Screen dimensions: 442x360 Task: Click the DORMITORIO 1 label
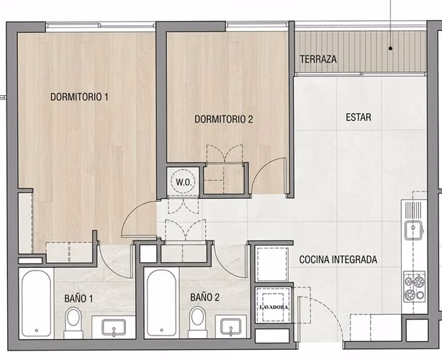pos(79,97)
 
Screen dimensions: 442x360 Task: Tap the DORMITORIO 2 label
pos(224,119)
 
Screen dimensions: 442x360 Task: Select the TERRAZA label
pos(318,59)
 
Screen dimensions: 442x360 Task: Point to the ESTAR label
pos(358,117)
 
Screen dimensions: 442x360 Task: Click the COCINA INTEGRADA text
pos(338,259)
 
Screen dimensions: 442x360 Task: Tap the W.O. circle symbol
pos(183,181)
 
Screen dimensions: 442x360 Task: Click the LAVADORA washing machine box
pos(273,305)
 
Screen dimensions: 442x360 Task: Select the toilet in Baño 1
pos(73,323)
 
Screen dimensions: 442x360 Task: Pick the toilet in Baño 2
pos(197,322)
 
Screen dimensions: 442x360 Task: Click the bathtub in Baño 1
pos(37,303)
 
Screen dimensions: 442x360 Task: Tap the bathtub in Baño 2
pos(161,303)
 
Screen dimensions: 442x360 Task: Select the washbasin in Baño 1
pos(114,327)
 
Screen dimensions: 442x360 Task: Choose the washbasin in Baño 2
pos(230,327)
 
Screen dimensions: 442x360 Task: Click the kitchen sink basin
pos(413,230)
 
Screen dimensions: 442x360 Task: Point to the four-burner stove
pos(414,287)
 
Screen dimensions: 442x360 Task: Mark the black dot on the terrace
pos(390,48)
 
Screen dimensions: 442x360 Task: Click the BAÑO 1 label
pos(78,299)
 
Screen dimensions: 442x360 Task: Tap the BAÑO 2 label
pos(204,297)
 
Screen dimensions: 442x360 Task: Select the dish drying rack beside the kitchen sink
pos(413,210)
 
